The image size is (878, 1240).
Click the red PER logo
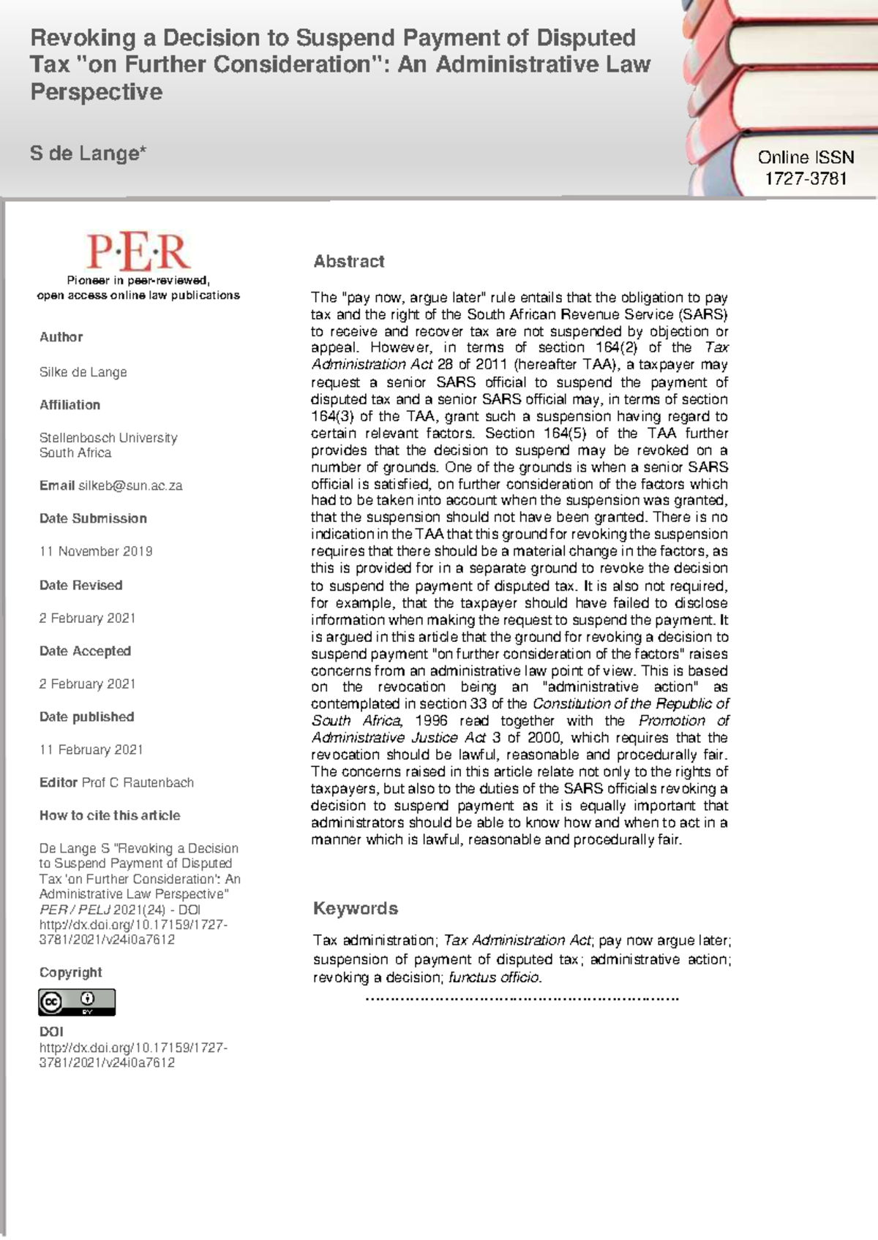pyautogui.click(x=138, y=252)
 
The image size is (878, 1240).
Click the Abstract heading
pyautogui.click(x=349, y=262)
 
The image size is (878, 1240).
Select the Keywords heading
pyautogui.click(x=356, y=908)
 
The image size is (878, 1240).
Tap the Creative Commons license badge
pyautogui.click(x=77, y=1002)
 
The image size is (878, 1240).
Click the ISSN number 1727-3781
pyautogui.click(x=806, y=178)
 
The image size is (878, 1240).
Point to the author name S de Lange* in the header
pyautogui.click(x=88, y=154)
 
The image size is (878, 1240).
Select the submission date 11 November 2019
pyautogui.click(x=96, y=551)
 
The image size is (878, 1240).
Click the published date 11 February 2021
pyautogui.click(x=91, y=749)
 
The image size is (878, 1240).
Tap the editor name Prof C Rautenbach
pyautogui.click(x=138, y=782)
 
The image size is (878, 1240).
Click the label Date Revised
pyautogui.click(x=80, y=585)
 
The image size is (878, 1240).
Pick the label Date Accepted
pyautogui.click(x=85, y=651)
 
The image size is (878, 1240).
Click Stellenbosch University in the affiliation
pyautogui.click(x=108, y=438)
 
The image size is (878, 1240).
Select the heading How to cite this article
pyautogui.click(x=110, y=815)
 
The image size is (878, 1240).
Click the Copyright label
pyautogui.click(x=70, y=972)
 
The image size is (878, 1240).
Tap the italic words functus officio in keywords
pyautogui.click(x=495, y=978)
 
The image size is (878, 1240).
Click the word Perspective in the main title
pyautogui.click(x=96, y=92)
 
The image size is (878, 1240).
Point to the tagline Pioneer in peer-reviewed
pyautogui.click(x=138, y=280)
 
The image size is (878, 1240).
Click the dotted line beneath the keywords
pyautogui.click(x=522, y=998)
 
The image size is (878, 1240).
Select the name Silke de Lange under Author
pyautogui.click(x=83, y=372)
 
